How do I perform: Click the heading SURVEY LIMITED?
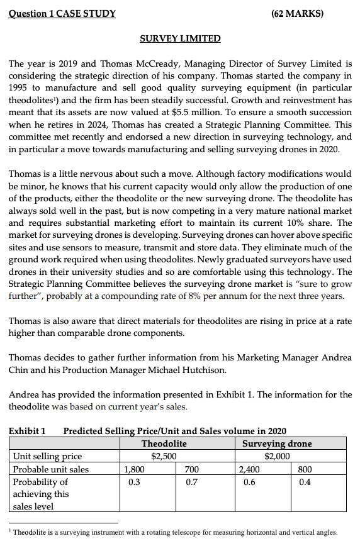pyautogui.click(x=180, y=38)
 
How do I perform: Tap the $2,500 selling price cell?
pyautogui.click(x=164, y=456)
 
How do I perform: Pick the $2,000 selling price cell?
pyautogui.click(x=278, y=456)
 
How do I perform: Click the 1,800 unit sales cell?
pyautogui.click(x=133, y=469)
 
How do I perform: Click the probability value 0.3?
pyautogui.click(x=133, y=481)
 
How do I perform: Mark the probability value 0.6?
pyautogui.click(x=247, y=481)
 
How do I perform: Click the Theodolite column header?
pyautogui.click(x=164, y=443)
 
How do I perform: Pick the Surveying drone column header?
pyautogui.click(x=277, y=443)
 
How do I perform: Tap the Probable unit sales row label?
pyautogui.click(x=51, y=469)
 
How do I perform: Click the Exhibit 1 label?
pyautogui.click(x=27, y=431)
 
